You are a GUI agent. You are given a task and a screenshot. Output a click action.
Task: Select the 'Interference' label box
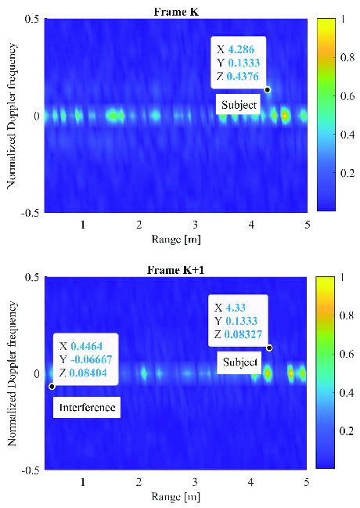click(x=86, y=408)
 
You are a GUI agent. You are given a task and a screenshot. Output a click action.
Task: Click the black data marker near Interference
click(x=52, y=387)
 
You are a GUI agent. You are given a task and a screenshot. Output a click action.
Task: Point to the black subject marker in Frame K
click(x=267, y=89)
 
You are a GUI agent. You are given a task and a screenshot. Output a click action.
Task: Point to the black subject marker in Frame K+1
click(x=269, y=348)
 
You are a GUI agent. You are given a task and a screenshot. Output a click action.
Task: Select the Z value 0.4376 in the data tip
click(x=244, y=76)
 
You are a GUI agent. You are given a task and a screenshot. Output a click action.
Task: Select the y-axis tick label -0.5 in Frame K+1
click(x=31, y=470)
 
